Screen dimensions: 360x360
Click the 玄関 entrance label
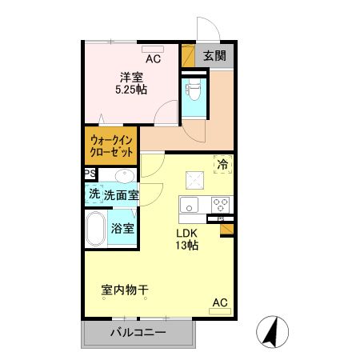(214, 56)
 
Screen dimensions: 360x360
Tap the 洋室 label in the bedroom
(131, 77)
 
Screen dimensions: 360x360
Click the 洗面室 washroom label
(121, 194)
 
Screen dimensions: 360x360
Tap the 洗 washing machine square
(94, 194)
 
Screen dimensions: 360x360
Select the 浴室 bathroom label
(122, 228)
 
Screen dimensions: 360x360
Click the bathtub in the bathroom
(96, 230)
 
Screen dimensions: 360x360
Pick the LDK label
(187, 234)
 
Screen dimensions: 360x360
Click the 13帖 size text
(187, 246)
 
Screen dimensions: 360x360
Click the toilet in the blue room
(194, 88)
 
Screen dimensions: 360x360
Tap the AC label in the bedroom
(152, 59)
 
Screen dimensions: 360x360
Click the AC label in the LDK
(220, 302)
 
